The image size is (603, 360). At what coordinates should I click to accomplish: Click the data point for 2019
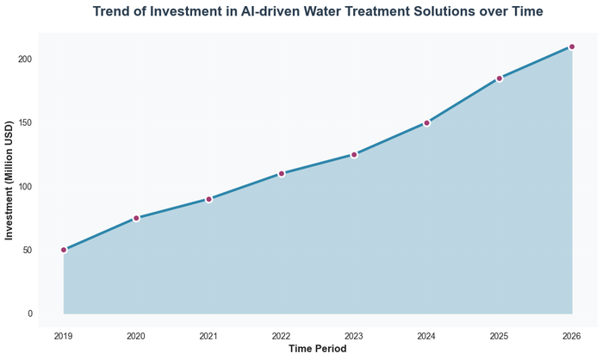(64, 250)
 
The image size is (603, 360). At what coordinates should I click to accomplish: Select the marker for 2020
(136, 218)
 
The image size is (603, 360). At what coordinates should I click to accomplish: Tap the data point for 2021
(208, 199)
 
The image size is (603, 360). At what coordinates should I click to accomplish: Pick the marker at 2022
(282, 173)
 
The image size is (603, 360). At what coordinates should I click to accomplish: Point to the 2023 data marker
(354, 154)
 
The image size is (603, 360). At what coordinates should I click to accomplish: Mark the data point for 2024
(426, 122)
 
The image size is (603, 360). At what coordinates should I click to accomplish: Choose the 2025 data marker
(499, 78)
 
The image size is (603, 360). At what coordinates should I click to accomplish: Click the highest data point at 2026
(572, 47)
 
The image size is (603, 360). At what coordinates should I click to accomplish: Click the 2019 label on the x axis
(64, 335)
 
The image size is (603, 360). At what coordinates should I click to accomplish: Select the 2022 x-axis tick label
(282, 335)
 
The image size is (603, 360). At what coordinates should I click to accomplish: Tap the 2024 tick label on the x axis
(426, 335)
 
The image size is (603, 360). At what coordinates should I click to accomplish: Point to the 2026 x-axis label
(572, 335)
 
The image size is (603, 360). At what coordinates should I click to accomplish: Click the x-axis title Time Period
(317, 349)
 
